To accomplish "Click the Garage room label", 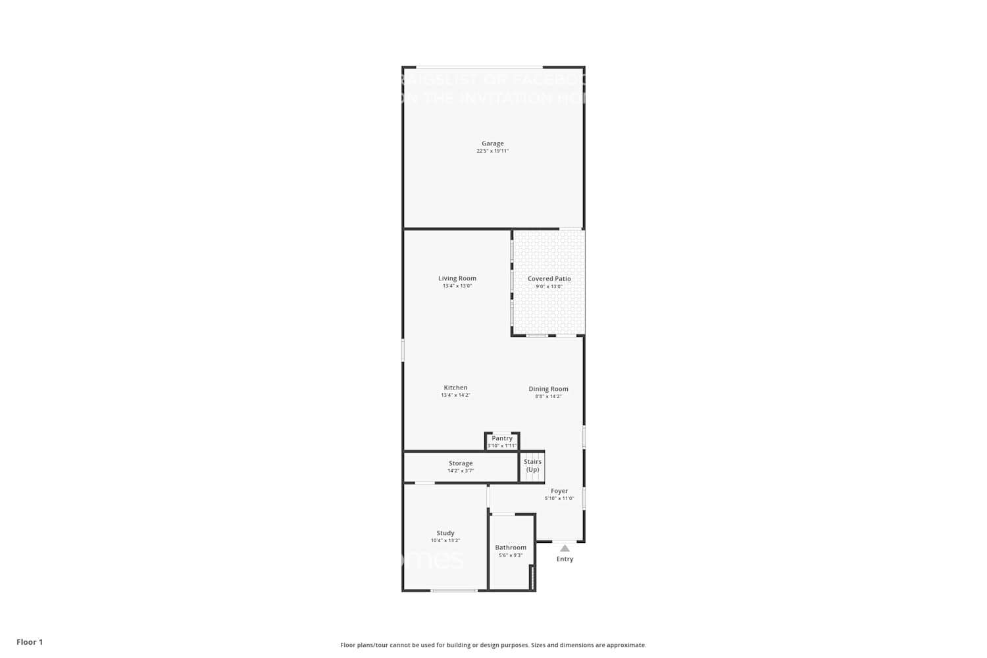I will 492,143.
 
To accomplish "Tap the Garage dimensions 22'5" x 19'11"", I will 492,151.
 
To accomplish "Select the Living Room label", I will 457,278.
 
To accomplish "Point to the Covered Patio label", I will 549,279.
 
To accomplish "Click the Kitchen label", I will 455,388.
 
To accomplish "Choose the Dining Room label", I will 548,389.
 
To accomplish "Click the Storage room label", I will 461,463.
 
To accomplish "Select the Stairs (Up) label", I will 532,465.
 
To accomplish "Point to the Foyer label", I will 559,491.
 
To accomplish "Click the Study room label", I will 445,533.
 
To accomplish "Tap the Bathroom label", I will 511,547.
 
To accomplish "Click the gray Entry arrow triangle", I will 565,548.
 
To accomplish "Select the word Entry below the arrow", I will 565,559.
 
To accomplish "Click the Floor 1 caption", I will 30,642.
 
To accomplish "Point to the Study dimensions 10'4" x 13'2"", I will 445,541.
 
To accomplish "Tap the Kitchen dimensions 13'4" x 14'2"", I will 455,395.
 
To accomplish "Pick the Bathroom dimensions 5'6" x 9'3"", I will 511,555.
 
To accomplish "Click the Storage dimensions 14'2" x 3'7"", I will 461,471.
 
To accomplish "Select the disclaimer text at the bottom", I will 493,645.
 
